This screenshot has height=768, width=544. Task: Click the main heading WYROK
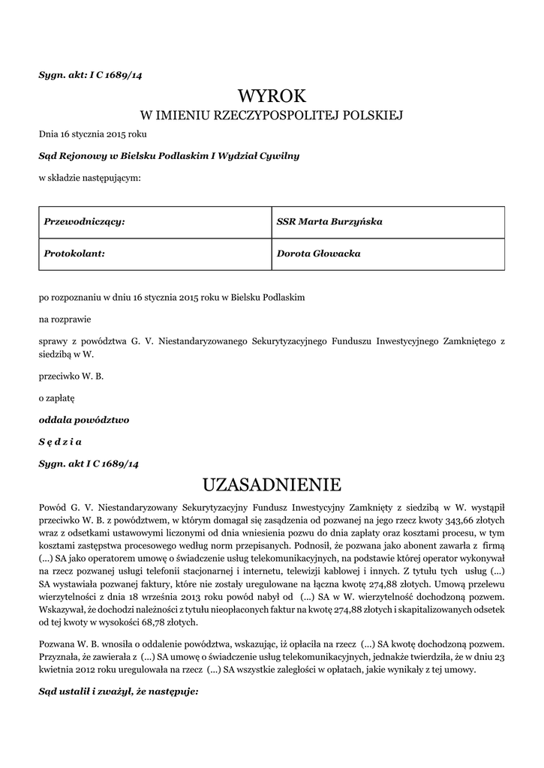coord(272,95)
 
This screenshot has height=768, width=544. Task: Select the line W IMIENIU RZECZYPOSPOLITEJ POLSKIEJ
coord(272,115)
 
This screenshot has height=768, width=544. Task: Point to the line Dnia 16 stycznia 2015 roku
coord(93,135)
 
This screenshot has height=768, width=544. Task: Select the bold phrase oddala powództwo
coord(84,420)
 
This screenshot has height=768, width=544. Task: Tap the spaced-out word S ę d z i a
coord(61,442)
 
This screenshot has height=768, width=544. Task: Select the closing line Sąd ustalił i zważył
coord(119,691)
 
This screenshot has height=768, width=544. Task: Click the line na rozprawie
coord(65,319)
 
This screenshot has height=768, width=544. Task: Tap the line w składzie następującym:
coord(89,178)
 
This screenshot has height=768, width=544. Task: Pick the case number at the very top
coord(90,73)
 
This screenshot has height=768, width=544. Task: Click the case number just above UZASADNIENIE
coord(89,463)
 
